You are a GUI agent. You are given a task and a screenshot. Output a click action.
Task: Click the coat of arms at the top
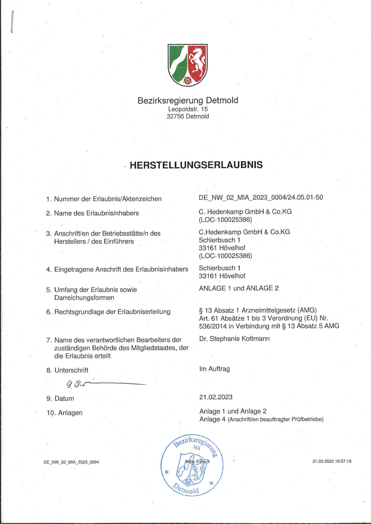187,65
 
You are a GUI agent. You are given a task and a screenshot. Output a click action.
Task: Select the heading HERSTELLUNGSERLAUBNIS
196,165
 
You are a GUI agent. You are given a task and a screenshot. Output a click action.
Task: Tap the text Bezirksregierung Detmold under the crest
188,100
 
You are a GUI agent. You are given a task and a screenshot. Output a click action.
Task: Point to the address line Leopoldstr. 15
188,109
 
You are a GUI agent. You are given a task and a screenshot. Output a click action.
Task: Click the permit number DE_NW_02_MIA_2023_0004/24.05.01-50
261,197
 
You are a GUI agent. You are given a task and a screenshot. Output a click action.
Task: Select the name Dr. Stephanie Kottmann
234,339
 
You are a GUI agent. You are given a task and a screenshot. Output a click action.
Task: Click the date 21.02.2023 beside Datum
216,397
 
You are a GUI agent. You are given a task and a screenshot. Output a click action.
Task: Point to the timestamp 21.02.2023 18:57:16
332,461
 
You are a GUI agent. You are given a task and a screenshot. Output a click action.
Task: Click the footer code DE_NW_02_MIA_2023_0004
71,462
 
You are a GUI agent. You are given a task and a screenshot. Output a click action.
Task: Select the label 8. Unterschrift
67,370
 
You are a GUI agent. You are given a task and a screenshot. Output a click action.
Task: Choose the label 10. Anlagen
64,413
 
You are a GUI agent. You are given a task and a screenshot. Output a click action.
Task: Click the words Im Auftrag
215,369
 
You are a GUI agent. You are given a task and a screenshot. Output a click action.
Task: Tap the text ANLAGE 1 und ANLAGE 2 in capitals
239,288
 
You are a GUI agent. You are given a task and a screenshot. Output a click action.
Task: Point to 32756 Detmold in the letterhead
188,116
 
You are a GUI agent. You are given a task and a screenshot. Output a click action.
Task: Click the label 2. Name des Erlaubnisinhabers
92,213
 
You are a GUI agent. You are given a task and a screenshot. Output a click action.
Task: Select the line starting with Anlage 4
261,419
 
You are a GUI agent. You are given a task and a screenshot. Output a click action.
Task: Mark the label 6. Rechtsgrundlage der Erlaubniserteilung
108,312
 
